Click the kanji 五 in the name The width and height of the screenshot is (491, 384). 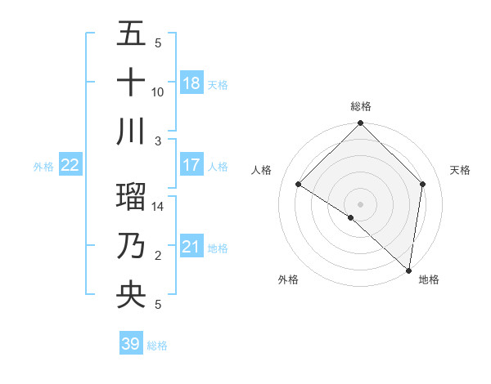[131, 33]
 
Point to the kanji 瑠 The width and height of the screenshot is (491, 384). [131, 197]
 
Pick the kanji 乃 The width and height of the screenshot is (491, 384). [131, 246]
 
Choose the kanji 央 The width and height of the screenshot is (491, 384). [131, 295]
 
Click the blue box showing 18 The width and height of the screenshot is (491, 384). [191, 83]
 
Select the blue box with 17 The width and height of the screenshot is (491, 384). [191, 165]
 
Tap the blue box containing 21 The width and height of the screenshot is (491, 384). [191, 247]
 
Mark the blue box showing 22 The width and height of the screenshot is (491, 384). [70, 165]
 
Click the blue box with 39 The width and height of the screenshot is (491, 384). [130, 344]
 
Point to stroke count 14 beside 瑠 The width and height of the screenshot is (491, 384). [158, 208]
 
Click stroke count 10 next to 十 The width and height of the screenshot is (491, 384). [158, 92]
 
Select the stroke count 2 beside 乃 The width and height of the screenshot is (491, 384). [158, 257]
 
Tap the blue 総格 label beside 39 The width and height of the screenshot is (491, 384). [157, 346]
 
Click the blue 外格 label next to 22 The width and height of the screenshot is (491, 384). [43, 167]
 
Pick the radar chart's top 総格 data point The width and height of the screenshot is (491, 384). [360, 124]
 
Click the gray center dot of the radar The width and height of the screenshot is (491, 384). [360, 203]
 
